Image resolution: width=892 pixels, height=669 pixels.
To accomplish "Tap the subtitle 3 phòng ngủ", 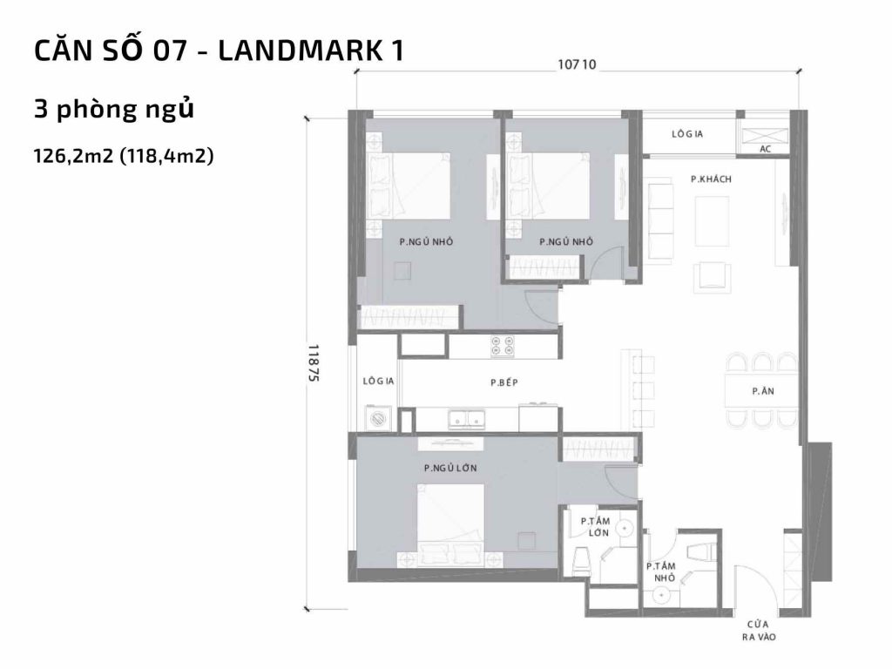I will click(x=112, y=111).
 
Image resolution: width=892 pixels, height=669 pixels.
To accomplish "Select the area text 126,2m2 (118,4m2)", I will click(x=123, y=156).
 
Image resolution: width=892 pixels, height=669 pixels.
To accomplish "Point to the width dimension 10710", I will click(x=576, y=64).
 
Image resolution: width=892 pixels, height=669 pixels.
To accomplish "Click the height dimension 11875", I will click(x=314, y=364).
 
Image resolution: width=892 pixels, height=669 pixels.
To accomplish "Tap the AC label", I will click(x=766, y=149).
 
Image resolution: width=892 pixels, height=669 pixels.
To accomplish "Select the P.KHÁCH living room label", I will click(x=710, y=179).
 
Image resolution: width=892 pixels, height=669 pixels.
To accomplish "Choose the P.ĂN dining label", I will click(x=763, y=392).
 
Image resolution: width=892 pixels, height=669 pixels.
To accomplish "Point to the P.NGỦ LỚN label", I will click(x=450, y=468).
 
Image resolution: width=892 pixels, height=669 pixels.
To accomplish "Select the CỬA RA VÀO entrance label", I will click(x=755, y=631).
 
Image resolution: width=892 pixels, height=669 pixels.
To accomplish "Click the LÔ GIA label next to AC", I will click(x=687, y=134).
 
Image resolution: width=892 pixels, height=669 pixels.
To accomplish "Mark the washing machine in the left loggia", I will click(x=379, y=418).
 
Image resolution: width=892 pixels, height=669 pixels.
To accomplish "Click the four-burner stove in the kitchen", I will click(x=502, y=346).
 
